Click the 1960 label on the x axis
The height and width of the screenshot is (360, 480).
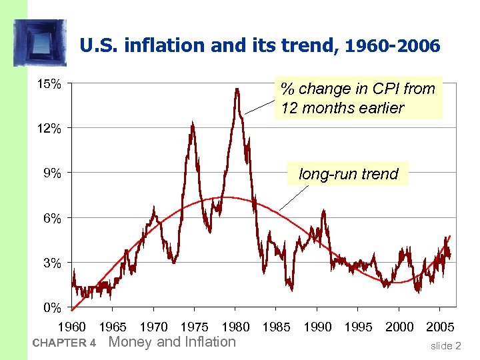(x=72, y=327)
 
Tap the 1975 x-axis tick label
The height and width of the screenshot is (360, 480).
(x=195, y=327)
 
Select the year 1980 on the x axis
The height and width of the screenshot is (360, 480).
(x=235, y=327)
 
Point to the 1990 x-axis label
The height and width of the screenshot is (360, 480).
(x=317, y=327)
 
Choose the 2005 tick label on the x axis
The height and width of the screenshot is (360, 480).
(x=440, y=327)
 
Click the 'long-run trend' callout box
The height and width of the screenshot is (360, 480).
(x=348, y=175)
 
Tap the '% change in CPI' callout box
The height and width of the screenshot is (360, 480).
(x=358, y=98)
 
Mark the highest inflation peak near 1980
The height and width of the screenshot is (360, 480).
(x=237, y=89)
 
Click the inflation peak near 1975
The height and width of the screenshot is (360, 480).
(x=192, y=123)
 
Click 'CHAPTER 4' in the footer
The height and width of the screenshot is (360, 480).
(x=64, y=343)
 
